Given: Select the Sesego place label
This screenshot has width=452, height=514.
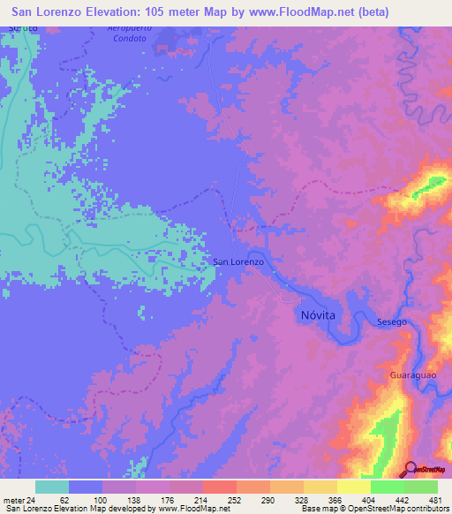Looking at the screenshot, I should point(392,321).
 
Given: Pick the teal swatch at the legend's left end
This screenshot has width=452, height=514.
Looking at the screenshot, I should point(52,487).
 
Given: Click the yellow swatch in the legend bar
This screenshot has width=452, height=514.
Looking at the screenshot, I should point(353,487).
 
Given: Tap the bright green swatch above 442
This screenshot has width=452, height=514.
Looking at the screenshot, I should point(387,487).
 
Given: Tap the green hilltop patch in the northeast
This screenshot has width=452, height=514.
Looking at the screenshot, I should point(432,185).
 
